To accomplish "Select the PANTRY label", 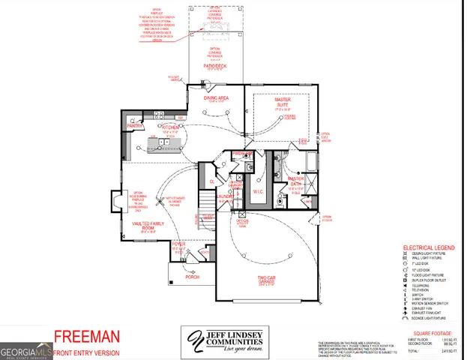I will point(135,127).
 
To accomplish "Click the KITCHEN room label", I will point(169,128).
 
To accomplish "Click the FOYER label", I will point(178,244).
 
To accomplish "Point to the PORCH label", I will point(192,277).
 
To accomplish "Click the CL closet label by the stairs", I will point(212,181).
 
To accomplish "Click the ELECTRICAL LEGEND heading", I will point(428,247).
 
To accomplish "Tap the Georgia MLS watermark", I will point(24,350).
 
